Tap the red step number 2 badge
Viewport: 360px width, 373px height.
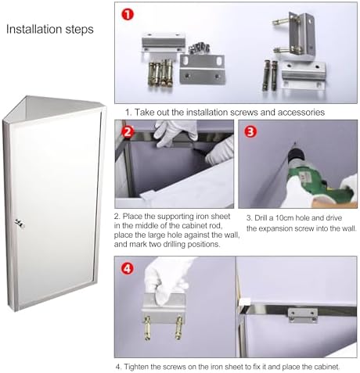(x=126, y=131)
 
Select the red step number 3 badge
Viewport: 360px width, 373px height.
(x=249, y=131)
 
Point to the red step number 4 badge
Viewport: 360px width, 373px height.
(x=126, y=267)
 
